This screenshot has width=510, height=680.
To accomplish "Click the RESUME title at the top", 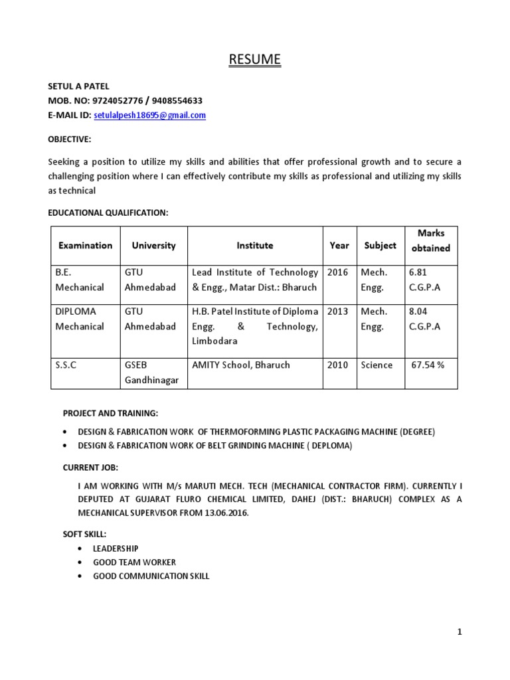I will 254,60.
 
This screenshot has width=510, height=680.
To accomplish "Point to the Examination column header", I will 85,245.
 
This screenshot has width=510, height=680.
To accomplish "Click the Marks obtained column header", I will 431,240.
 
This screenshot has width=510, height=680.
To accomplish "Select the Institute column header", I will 254,245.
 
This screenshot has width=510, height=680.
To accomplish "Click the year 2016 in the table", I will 337,272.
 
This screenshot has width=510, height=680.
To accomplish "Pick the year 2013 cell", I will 337,311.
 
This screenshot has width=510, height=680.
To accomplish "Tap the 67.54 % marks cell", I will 428,365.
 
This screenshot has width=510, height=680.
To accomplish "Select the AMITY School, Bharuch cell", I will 240,365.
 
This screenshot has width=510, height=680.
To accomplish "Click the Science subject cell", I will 377,365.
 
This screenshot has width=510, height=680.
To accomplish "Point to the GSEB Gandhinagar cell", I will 152,373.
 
